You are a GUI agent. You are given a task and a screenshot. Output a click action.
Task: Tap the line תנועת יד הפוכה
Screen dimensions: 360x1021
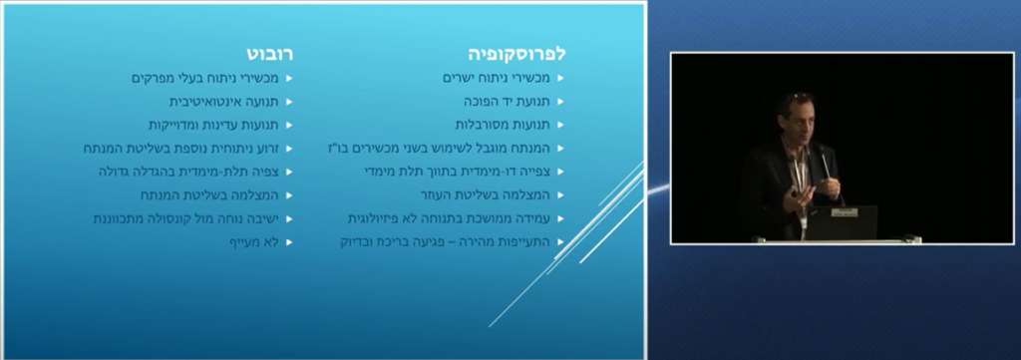pyautogui.click(x=506, y=102)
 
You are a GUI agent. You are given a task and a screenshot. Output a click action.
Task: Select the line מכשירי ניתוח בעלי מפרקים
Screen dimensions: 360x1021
pyautogui.click(x=203, y=78)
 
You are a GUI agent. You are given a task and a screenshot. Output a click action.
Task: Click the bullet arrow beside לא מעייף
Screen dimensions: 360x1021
pyautogui.click(x=288, y=241)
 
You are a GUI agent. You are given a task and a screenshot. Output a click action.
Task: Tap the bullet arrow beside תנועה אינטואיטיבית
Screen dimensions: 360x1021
pyautogui.click(x=288, y=102)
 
